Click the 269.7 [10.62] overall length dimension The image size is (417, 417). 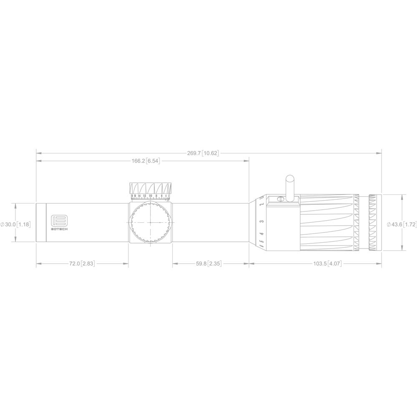coord(203,153)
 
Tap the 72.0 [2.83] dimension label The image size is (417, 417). coord(82,264)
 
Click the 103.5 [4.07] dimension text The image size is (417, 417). coord(327,264)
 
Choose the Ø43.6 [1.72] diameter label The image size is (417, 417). coord(401,224)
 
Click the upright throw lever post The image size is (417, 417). coord(289,186)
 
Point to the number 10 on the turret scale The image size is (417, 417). coord(150,196)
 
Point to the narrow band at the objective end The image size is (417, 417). coord(40,223)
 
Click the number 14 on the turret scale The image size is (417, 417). coord(139,196)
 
